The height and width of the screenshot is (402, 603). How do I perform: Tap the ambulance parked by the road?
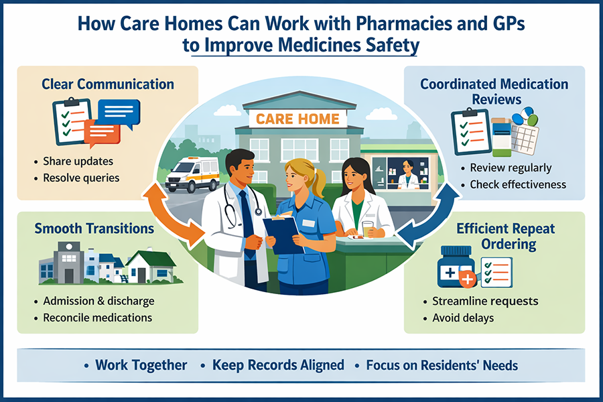[192, 175]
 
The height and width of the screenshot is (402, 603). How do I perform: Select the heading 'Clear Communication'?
[107, 84]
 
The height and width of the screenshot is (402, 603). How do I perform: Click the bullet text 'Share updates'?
[78, 161]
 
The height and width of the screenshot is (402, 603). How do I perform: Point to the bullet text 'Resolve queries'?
[81, 178]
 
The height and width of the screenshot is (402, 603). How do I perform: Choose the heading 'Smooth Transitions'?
[94, 228]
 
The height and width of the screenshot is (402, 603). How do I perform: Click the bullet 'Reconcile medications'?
[98, 317]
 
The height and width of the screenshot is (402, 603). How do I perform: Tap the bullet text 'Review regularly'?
[511, 167]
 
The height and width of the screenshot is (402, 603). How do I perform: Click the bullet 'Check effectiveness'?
[518, 184]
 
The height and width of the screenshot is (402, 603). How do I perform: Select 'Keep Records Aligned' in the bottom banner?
[278, 366]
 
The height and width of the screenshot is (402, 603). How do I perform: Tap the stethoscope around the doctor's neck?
[232, 208]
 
